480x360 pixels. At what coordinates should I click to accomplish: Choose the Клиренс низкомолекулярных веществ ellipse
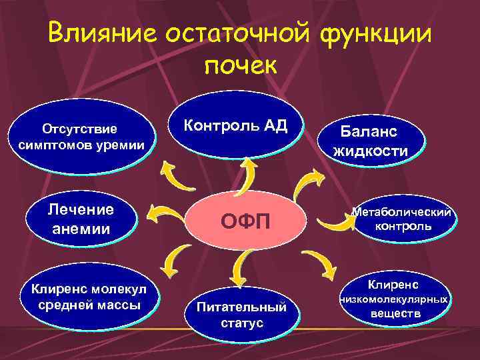393,300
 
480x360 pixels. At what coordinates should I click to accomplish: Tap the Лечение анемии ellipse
81,219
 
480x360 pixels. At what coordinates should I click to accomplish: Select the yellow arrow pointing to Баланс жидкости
311,181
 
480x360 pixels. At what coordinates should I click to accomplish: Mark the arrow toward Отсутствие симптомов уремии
174,178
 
